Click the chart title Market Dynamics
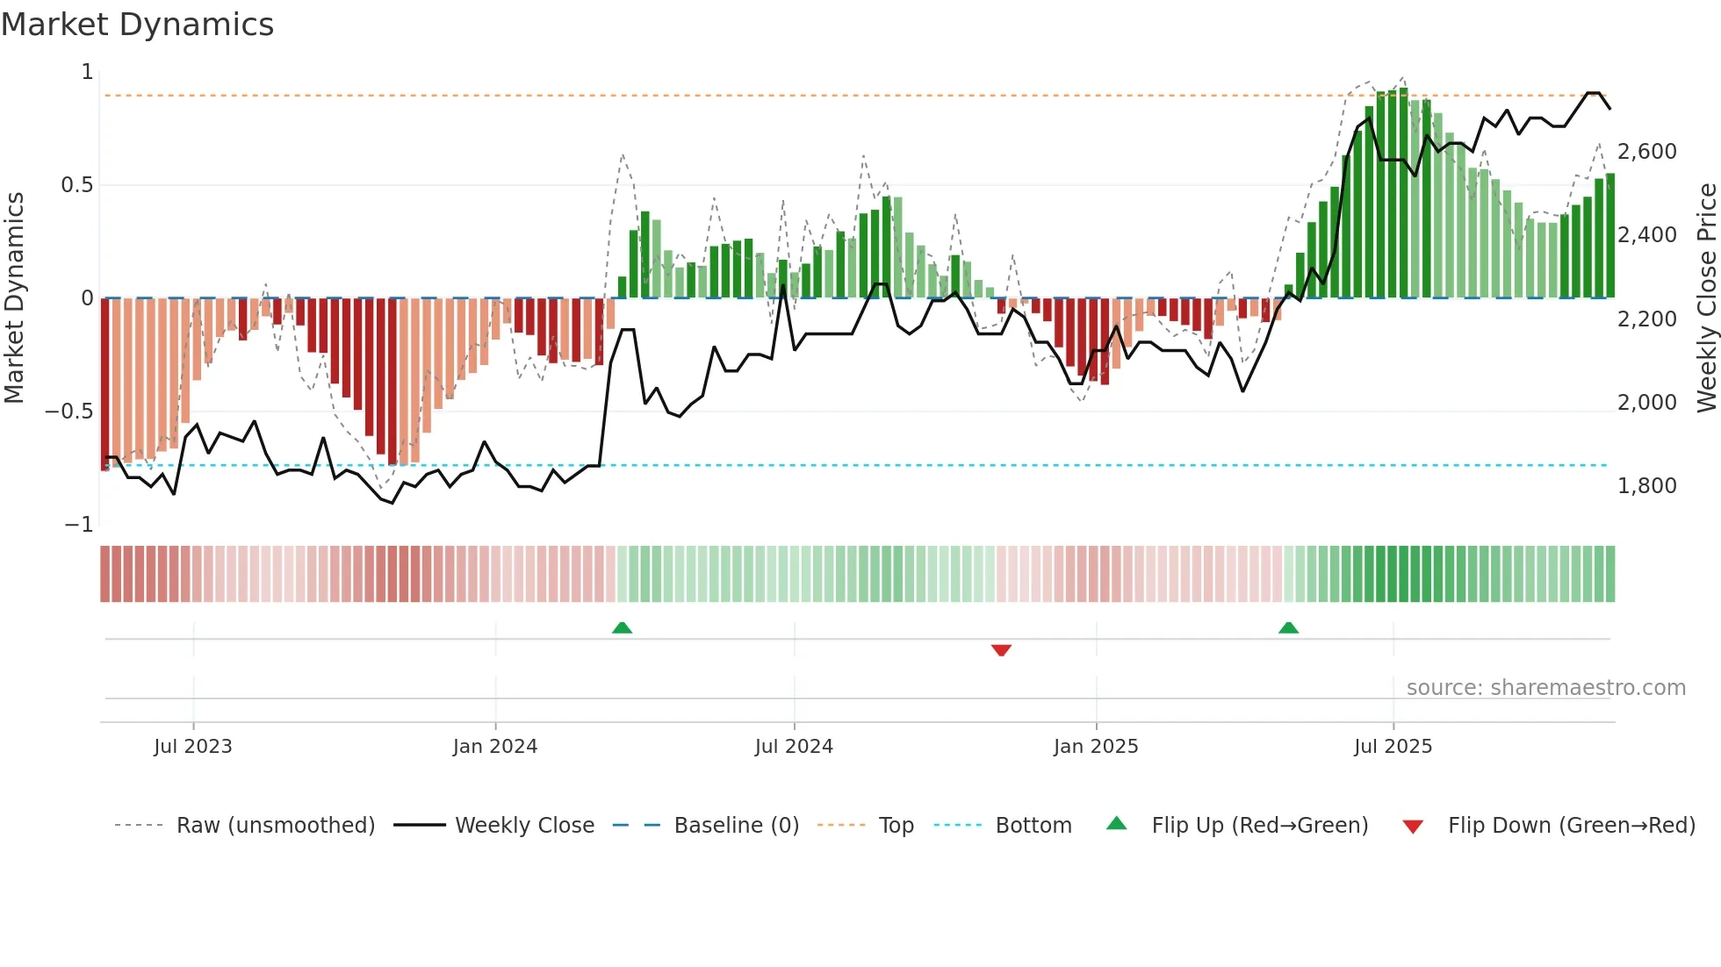tap(137, 25)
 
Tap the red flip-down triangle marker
tap(1001, 650)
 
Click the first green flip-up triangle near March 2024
tap(622, 627)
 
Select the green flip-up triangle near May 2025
tap(1288, 627)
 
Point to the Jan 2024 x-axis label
tap(495, 747)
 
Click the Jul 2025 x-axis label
tap(1393, 747)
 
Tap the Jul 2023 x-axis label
tap(193, 747)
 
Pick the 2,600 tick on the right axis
tap(1646, 152)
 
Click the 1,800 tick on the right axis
tap(1646, 486)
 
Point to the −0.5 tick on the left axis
tap(69, 412)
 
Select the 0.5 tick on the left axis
tap(76, 185)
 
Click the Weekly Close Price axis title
tap(1706, 297)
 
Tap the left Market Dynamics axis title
tap(14, 297)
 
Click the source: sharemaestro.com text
tap(1545, 688)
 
